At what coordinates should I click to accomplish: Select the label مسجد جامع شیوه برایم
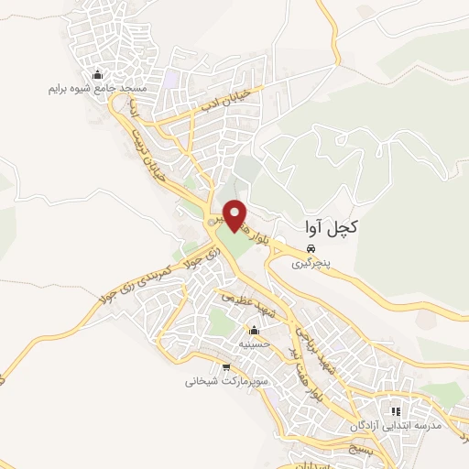pos(96,91)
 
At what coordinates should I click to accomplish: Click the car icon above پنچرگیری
pos(311,247)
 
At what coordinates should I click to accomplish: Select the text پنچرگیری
pos(310,263)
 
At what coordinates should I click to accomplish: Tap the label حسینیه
pos(254,344)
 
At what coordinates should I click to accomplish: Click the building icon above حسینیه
pos(255,330)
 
